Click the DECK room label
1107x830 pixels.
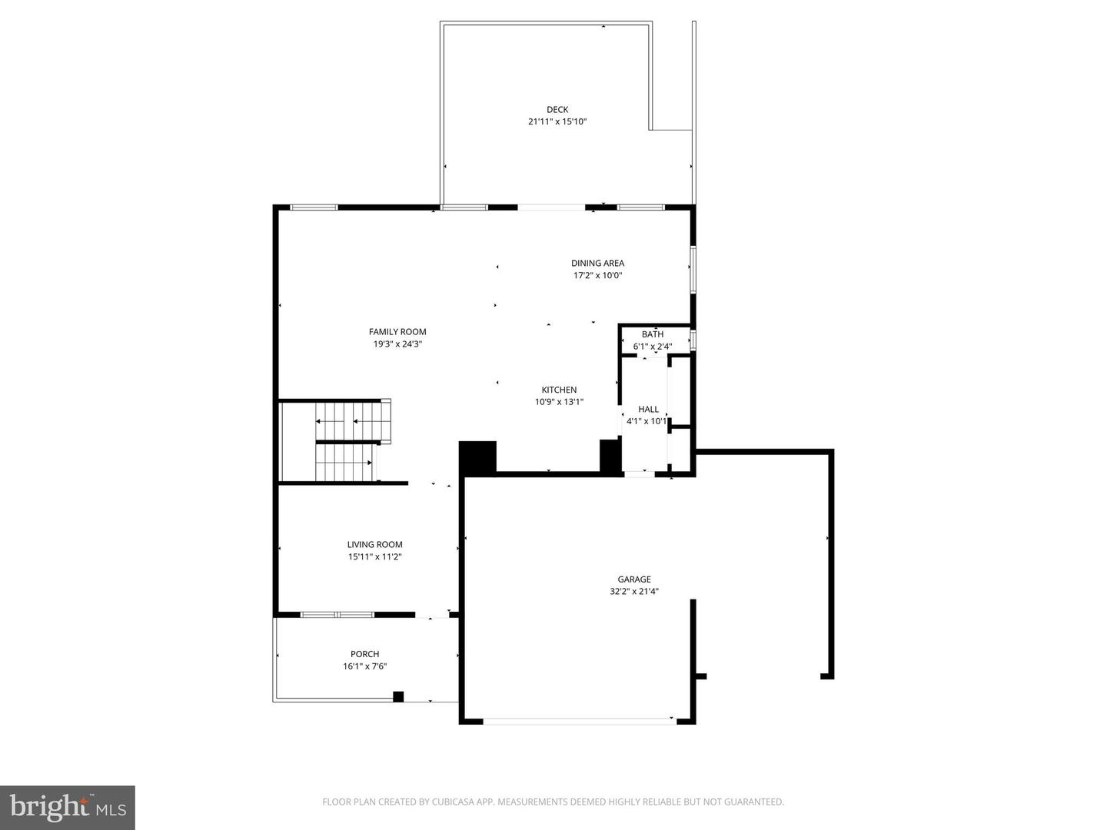[557, 110]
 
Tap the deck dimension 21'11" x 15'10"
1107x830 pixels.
[557, 121]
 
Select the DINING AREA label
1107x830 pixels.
[597, 264]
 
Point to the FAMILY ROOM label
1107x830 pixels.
[397, 332]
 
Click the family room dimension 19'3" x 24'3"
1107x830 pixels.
[397, 344]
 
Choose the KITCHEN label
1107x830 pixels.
[559, 390]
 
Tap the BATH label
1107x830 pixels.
[653, 334]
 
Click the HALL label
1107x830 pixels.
[648, 410]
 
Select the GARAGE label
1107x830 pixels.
[634, 579]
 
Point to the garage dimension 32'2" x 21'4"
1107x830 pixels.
[634, 592]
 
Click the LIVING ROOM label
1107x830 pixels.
[374, 545]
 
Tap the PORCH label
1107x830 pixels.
[364, 654]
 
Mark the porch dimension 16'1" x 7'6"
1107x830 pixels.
[364, 666]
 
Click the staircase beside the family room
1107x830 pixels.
[346, 441]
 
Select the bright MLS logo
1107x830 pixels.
[68, 807]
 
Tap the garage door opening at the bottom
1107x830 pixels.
[578, 721]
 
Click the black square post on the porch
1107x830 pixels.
[398, 697]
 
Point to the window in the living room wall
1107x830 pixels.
[337, 615]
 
